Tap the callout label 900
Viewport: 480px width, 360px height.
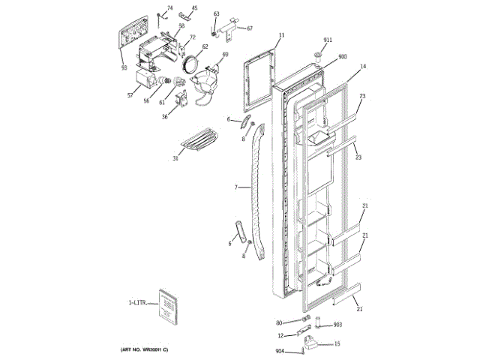click(343, 57)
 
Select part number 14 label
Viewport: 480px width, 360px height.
click(362, 67)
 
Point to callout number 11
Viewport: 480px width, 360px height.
click(282, 35)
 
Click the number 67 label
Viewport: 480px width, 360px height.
click(250, 28)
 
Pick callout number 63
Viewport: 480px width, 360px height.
click(216, 14)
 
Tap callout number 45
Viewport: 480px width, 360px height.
click(194, 8)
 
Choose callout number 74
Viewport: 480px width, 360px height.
click(169, 7)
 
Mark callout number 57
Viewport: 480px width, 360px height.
click(130, 95)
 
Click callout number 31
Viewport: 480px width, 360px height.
click(175, 158)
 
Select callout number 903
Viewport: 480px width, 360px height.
click(337, 324)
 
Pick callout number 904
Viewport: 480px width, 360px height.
click(280, 352)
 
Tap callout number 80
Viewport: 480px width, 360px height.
click(279, 323)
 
